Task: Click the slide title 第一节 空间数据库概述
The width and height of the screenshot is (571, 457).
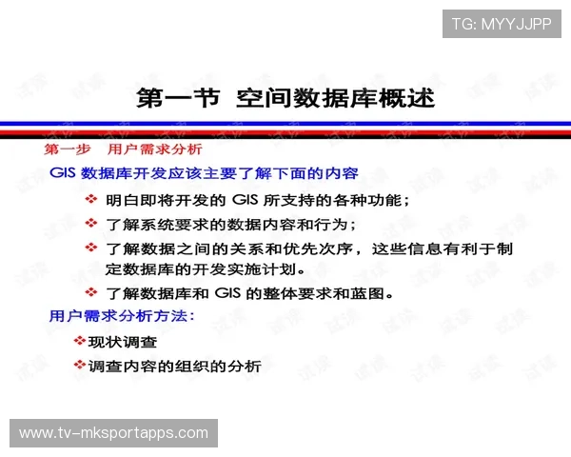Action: pos(285,98)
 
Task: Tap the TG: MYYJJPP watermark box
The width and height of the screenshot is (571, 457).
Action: pos(502,24)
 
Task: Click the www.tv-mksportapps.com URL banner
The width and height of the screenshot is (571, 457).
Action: pos(113,433)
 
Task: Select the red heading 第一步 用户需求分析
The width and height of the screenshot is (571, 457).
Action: pos(123,150)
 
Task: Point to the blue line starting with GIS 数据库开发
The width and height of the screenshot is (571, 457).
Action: pos(204,174)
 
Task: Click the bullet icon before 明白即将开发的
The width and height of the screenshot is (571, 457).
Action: pos(91,199)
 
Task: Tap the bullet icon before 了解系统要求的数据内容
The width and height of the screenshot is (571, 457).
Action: pos(91,223)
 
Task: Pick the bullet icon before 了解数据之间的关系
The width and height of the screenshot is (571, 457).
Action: pos(91,247)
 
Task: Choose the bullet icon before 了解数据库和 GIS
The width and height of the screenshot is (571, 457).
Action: pos(91,291)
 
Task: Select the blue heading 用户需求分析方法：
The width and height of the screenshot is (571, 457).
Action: pos(122,315)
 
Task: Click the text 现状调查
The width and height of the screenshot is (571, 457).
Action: pos(123,341)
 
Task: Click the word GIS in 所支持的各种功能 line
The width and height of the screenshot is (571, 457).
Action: pos(246,200)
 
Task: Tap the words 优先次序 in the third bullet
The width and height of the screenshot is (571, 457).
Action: pos(325,248)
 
